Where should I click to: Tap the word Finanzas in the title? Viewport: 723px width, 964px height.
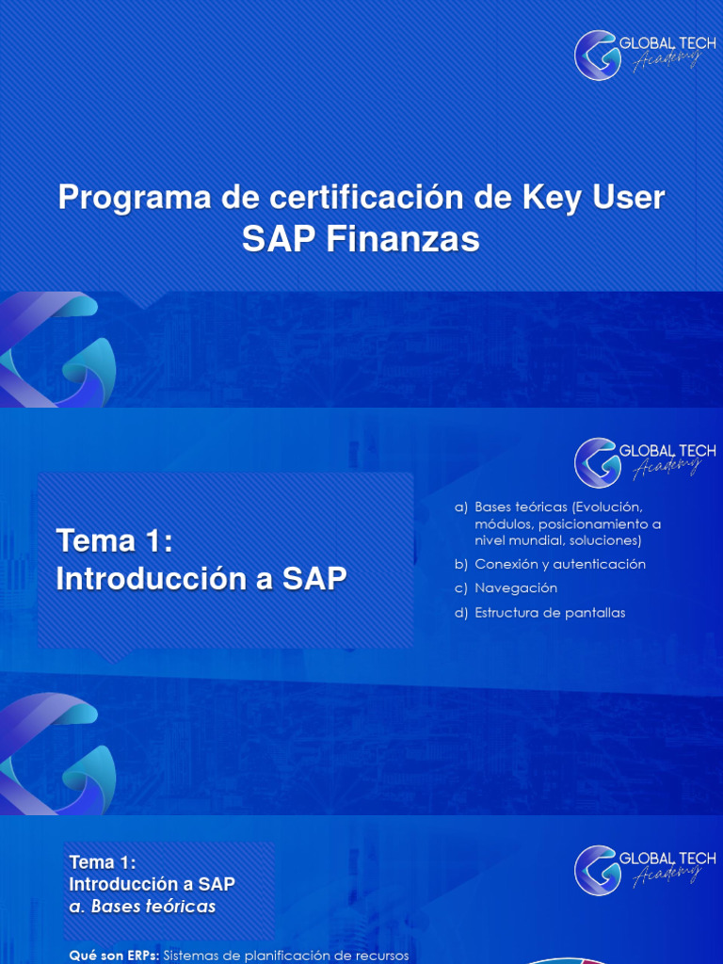pos(402,240)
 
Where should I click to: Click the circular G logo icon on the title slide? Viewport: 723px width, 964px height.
pos(596,55)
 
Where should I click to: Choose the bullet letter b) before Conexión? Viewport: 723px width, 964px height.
pos(460,565)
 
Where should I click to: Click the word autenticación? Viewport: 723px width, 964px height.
pos(600,565)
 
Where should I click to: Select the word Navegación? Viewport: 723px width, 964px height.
pos(516,588)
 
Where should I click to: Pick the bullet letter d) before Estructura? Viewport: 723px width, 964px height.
pos(460,613)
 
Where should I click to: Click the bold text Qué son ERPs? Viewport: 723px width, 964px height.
pos(114,956)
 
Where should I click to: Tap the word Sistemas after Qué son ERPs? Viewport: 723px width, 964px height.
pos(195,956)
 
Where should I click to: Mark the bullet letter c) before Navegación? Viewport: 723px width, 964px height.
pos(460,588)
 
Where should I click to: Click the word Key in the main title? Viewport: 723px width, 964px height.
pos(551,199)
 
